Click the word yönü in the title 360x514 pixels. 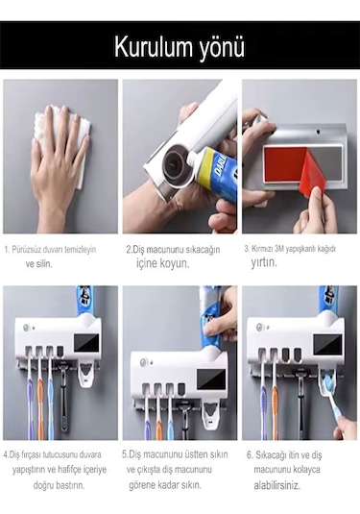(x=220, y=47)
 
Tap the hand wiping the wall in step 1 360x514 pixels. (x=60, y=159)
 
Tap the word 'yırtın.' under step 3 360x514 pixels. (x=264, y=262)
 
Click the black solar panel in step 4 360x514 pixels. (x=87, y=336)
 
